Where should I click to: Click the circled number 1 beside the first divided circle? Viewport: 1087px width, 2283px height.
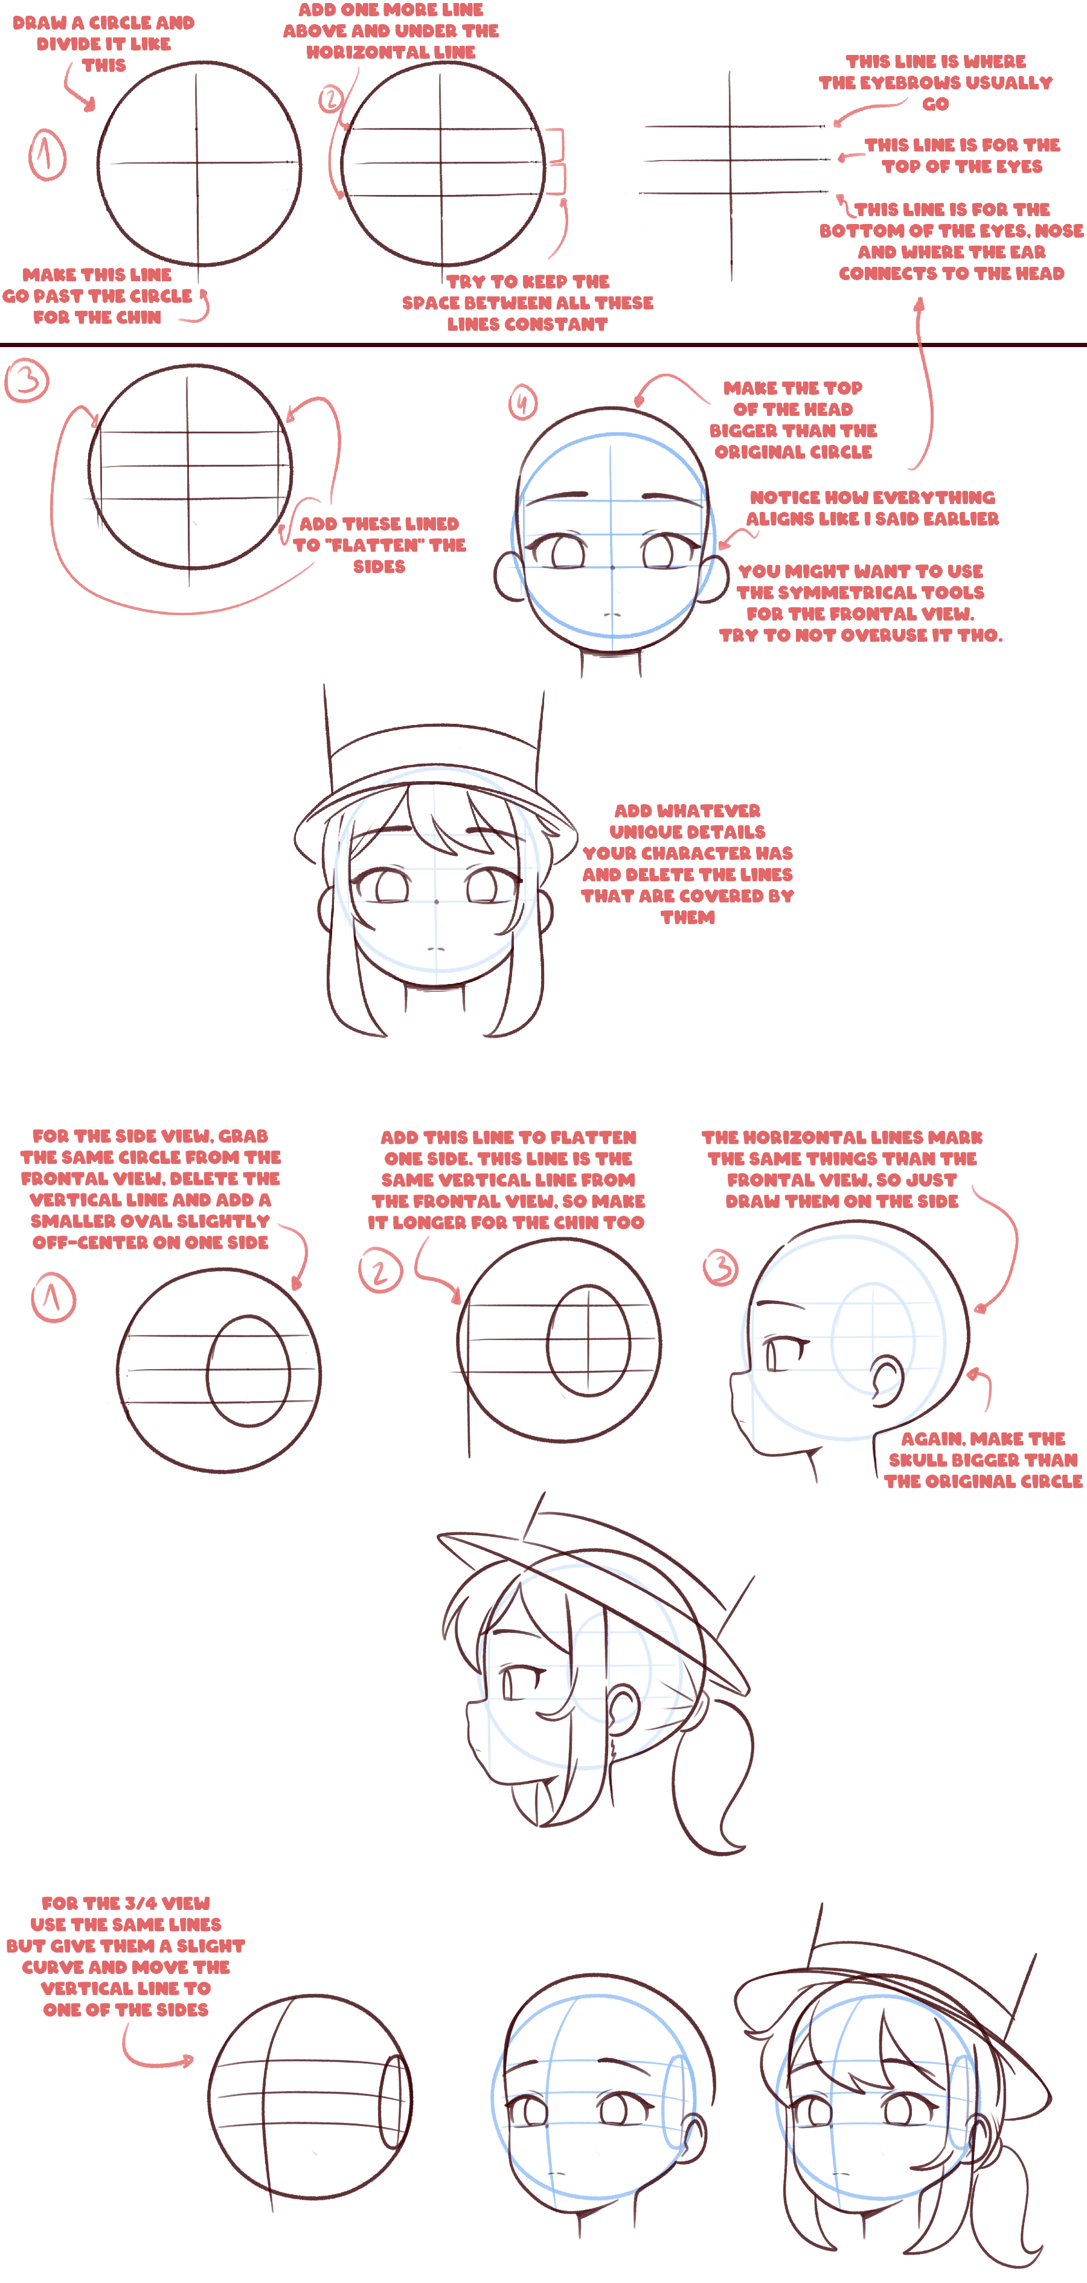tap(47, 155)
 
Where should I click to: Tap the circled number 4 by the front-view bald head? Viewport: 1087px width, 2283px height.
tap(522, 403)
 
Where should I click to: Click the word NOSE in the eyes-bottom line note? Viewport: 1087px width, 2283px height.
tap(1059, 231)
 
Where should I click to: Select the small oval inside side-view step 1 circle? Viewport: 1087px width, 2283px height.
tap(248, 1371)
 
